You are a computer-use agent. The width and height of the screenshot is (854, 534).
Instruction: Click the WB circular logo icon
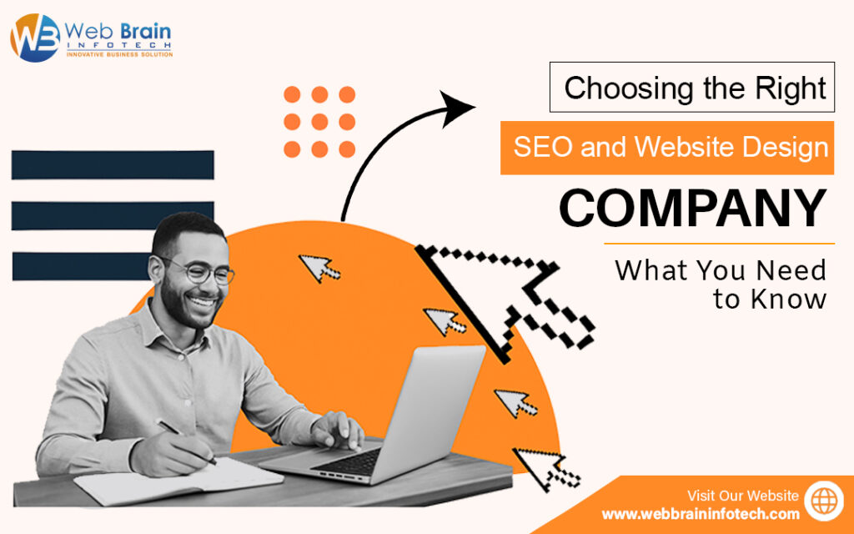(35, 38)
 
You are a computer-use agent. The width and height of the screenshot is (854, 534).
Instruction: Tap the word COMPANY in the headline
(693, 208)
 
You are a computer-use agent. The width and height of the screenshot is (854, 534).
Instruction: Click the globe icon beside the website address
(824, 501)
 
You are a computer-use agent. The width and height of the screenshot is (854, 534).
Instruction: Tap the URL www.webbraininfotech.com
(701, 514)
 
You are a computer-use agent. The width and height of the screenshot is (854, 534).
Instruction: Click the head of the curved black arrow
(456, 109)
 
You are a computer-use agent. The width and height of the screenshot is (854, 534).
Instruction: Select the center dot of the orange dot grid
(319, 122)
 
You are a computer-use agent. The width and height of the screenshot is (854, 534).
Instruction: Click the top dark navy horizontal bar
(113, 164)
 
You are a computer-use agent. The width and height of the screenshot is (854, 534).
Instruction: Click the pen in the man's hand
(185, 441)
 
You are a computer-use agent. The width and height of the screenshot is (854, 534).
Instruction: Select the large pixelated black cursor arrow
(504, 302)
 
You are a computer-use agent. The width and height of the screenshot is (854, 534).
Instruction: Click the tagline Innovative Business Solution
(119, 54)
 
